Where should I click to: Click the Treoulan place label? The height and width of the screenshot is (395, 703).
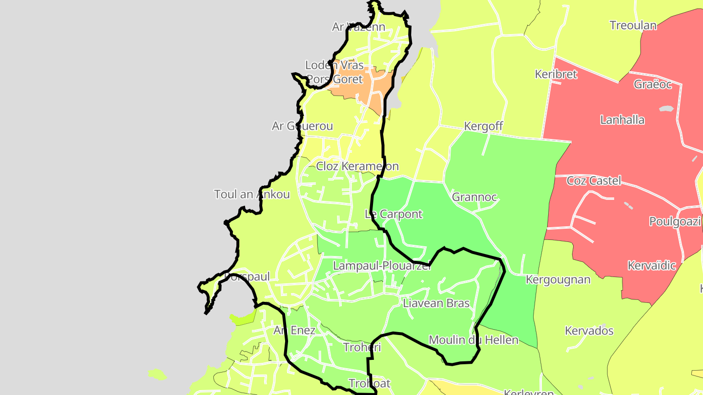(633, 25)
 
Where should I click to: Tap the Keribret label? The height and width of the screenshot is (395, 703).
(556, 74)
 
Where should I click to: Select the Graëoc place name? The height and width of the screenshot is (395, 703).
(653, 84)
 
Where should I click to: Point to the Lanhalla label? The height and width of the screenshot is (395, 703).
(622, 120)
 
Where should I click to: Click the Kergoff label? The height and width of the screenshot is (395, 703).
(483, 126)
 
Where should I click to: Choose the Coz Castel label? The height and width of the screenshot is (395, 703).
(594, 181)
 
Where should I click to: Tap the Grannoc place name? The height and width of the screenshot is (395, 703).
(475, 197)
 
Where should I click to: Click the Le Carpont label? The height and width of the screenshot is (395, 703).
(393, 214)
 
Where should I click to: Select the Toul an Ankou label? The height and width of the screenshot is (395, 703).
(252, 194)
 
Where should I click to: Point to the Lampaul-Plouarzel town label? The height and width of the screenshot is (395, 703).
(382, 266)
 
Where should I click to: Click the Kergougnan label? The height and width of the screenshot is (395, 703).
(558, 279)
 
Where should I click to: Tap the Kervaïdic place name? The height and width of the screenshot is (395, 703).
(652, 266)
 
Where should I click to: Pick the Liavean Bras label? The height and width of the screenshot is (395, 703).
(436, 303)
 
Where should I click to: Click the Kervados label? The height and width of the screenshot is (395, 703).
(589, 331)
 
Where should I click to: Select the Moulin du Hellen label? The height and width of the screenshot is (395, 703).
(474, 339)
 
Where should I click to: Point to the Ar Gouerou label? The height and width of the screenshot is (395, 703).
(302, 126)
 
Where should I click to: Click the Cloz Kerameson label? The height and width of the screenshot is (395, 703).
(357, 166)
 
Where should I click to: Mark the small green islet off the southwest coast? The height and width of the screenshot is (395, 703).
(157, 375)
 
